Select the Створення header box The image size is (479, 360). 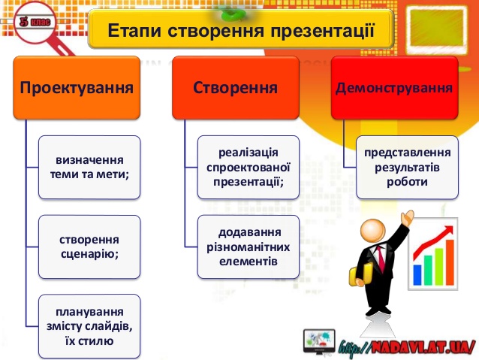(235, 88)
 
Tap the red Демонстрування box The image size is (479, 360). (394, 88)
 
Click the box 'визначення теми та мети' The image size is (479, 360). (90, 167)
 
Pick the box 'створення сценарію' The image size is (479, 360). (90, 246)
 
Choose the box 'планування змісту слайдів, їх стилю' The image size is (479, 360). (90, 326)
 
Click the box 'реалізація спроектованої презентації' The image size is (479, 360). (249, 167)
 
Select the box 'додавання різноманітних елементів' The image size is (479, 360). (249, 246)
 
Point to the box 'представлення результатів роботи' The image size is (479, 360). (407, 167)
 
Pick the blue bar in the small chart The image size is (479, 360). (417, 267)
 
